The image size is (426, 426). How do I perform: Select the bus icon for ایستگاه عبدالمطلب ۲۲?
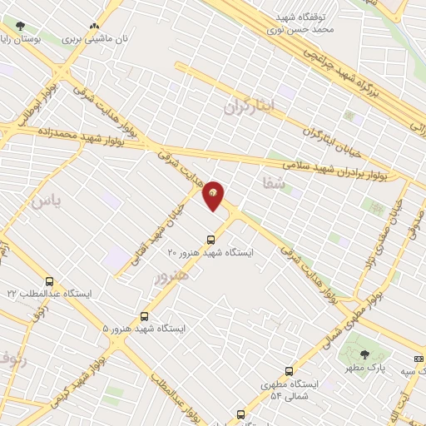point(49,281)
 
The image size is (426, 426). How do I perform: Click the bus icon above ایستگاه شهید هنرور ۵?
point(145,316)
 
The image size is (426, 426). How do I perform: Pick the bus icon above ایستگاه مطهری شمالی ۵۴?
point(289,371)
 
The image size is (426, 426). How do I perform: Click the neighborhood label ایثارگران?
point(248,106)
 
